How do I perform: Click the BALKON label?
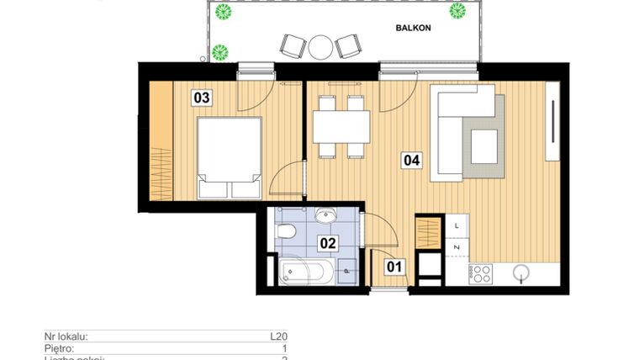coord(414,28)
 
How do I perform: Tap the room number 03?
coord(202,98)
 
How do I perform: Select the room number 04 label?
coord(411,159)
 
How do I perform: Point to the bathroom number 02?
coord(328,244)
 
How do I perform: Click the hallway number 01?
coord(394,268)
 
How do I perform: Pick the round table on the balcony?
coord(320,46)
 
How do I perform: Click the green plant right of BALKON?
coord(457,11)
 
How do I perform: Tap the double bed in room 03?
coord(228,156)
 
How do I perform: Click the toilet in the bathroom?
coord(286,230)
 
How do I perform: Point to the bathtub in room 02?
coord(305,273)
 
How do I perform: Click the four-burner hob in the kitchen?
coord(480,273)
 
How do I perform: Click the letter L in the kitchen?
coord(456,225)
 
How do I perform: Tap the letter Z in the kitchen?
coord(456,246)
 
